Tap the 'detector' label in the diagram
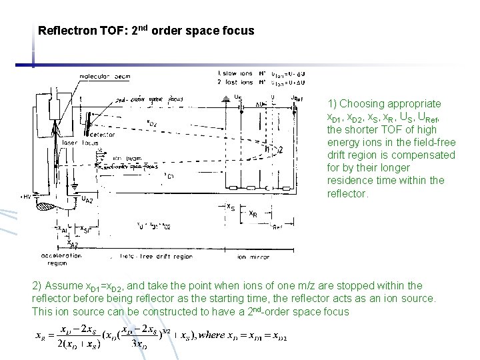click(x=100, y=134)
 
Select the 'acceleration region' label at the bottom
click(x=61, y=259)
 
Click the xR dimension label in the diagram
click(x=254, y=214)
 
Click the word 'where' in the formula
click(x=216, y=335)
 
